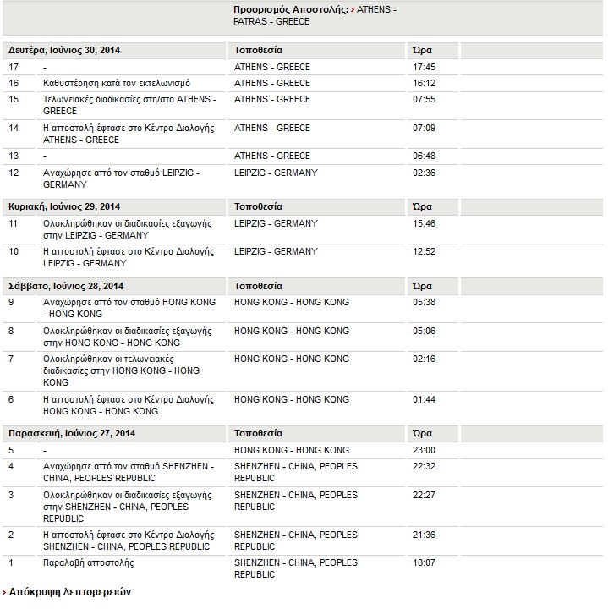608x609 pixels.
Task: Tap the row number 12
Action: pyautogui.click(x=14, y=173)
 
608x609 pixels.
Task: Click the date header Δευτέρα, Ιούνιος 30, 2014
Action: pyautogui.click(x=64, y=50)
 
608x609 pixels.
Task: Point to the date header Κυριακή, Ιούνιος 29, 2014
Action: pyautogui.click(x=64, y=206)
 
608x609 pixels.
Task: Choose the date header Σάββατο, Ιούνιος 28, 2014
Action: pyautogui.click(x=65, y=286)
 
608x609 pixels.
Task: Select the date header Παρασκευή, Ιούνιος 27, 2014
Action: pyautogui.click(x=72, y=434)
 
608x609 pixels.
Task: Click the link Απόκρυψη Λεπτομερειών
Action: pyautogui.click(x=70, y=592)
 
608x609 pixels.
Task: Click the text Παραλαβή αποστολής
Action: pyautogui.click(x=88, y=562)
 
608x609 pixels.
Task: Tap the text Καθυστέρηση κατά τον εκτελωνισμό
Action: pyautogui.click(x=117, y=83)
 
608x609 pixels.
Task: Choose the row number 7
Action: pyautogui.click(x=11, y=359)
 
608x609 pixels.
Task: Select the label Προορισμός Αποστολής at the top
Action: pyautogui.click(x=289, y=9)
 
